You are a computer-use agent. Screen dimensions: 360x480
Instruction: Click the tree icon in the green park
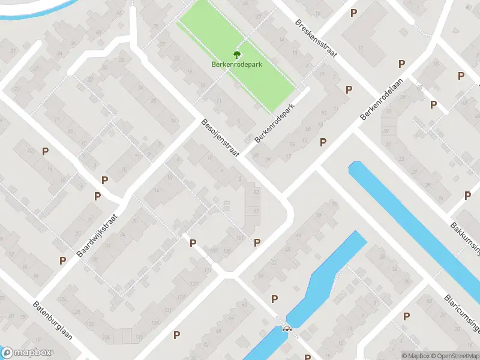coord(238,53)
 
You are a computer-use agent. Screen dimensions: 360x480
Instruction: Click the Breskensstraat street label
coord(316,38)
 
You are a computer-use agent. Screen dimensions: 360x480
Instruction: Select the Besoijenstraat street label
coord(220,138)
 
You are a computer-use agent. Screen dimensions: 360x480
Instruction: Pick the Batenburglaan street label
coord(53,320)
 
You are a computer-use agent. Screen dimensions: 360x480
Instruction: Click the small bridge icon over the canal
coord(286,329)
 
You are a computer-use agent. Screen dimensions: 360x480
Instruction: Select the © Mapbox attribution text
coord(416,356)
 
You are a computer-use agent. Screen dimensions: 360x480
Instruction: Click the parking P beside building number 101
coord(257,242)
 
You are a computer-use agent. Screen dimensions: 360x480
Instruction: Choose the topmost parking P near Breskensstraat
coord(353,13)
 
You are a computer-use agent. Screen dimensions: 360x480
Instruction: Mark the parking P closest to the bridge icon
coord(275,299)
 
